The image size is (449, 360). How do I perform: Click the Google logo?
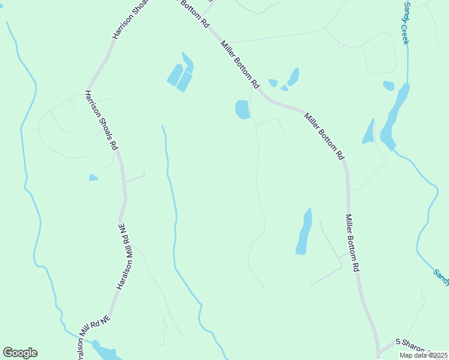20,353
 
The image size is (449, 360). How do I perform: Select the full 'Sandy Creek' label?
406,23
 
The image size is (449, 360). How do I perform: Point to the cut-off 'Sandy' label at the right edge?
441,275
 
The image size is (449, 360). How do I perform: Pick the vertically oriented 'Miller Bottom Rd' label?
352,245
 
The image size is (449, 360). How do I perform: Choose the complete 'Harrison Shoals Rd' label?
101,120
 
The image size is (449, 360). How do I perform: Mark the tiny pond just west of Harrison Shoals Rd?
93,178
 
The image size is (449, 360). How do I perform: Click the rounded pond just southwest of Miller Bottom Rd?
243,109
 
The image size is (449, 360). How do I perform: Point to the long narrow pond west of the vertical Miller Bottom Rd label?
304,232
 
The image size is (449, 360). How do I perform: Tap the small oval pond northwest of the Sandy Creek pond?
388,86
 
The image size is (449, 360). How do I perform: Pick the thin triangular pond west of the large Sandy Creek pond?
368,133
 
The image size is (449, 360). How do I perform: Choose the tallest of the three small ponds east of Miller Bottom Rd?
294,76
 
